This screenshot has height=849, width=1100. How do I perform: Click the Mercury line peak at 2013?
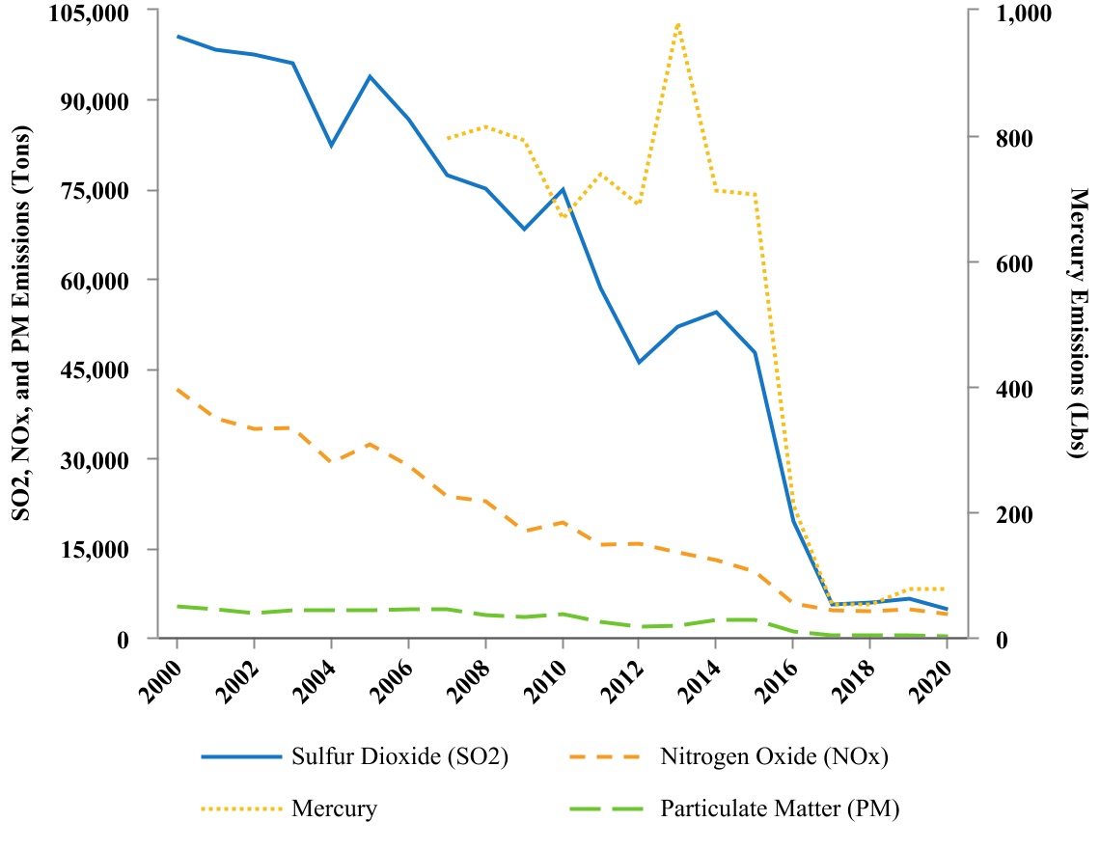(678, 23)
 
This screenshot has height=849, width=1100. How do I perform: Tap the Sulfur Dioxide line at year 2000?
(178, 37)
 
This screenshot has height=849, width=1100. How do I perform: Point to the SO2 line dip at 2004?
(331, 146)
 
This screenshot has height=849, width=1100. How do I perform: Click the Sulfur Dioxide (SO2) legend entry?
(354, 756)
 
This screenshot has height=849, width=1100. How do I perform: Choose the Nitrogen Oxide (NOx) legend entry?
(729, 756)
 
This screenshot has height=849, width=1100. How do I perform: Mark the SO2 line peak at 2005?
(370, 76)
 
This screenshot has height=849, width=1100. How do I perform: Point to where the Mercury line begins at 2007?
(447, 138)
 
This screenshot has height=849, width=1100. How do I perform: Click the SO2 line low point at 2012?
(639, 363)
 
